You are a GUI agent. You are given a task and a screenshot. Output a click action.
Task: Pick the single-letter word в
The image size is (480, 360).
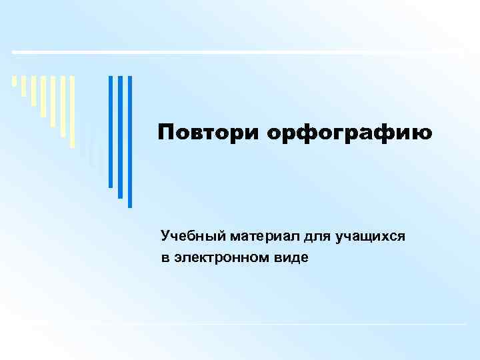(x=165, y=257)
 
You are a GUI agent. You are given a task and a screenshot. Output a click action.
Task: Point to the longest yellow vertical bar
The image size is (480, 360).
(x=73, y=110)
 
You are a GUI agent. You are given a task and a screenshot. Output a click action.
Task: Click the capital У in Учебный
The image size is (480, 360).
(x=165, y=237)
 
